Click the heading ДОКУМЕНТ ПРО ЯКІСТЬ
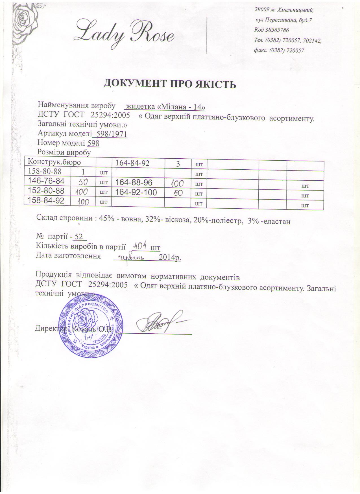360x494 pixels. [x=170, y=84]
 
